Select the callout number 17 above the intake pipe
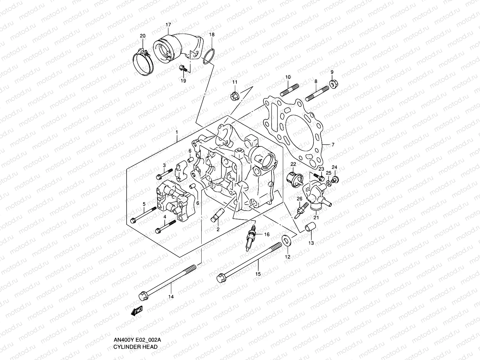(x=168, y=25)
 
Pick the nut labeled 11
(x=234, y=96)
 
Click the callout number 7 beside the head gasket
(x=333, y=145)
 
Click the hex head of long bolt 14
(x=142, y=296)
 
